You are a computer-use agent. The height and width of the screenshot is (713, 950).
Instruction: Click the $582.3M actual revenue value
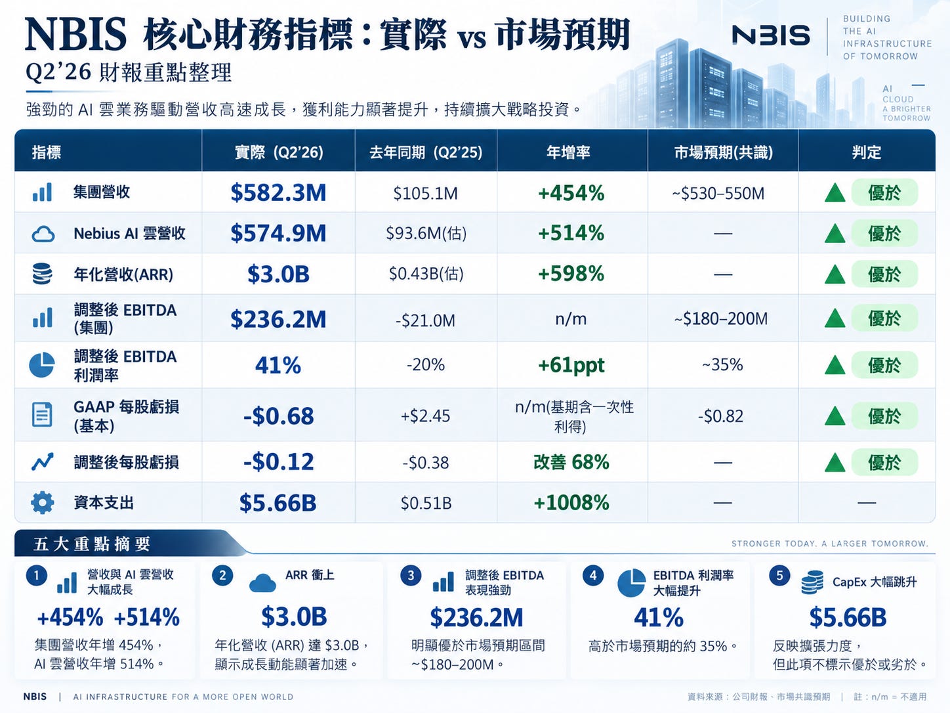click(x=278, y=192)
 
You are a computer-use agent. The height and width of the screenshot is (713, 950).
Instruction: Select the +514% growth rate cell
click(x=571, y=233)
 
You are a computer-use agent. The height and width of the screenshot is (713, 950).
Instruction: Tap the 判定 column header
click(x=867, y=152)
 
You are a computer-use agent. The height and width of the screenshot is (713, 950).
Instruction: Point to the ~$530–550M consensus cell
click(x=718, y=193)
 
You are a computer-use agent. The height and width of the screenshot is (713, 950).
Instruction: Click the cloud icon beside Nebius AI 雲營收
click(x=43, y=234)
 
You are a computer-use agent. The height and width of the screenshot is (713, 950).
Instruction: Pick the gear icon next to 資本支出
click(x=43, y=503)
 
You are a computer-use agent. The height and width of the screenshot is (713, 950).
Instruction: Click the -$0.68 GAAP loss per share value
click(x=278, y=416)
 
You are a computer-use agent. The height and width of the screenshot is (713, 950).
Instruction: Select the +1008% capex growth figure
click(x=571, y=503)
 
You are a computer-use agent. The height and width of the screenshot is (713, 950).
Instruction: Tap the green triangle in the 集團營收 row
click(x=835, y=193)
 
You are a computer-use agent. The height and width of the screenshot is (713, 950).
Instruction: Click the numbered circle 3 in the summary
click(x=411, y=575)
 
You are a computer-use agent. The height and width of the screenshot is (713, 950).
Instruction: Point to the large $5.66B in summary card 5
click(x=848, y=617)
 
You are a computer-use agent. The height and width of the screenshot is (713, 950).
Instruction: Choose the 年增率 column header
click(x=568, y=152)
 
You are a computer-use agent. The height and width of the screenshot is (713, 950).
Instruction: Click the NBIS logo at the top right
click(x=771, y=35)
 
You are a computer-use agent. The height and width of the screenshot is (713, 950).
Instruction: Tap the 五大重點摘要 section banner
click(x=92, y=544)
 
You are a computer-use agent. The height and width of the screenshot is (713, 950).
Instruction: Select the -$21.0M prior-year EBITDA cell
click(x=425, y=320)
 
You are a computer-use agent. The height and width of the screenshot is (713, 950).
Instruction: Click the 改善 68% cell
click(x=571, y=462)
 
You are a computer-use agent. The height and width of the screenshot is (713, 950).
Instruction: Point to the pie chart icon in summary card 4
click(x=631, y=583)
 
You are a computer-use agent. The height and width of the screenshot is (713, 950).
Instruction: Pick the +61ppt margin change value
click(x=571, y=366)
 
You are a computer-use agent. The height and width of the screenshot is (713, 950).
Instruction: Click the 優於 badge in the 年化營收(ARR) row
click(x=884, y=274)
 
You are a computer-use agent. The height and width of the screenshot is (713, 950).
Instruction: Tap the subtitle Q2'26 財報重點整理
click(x=129, y=72)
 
